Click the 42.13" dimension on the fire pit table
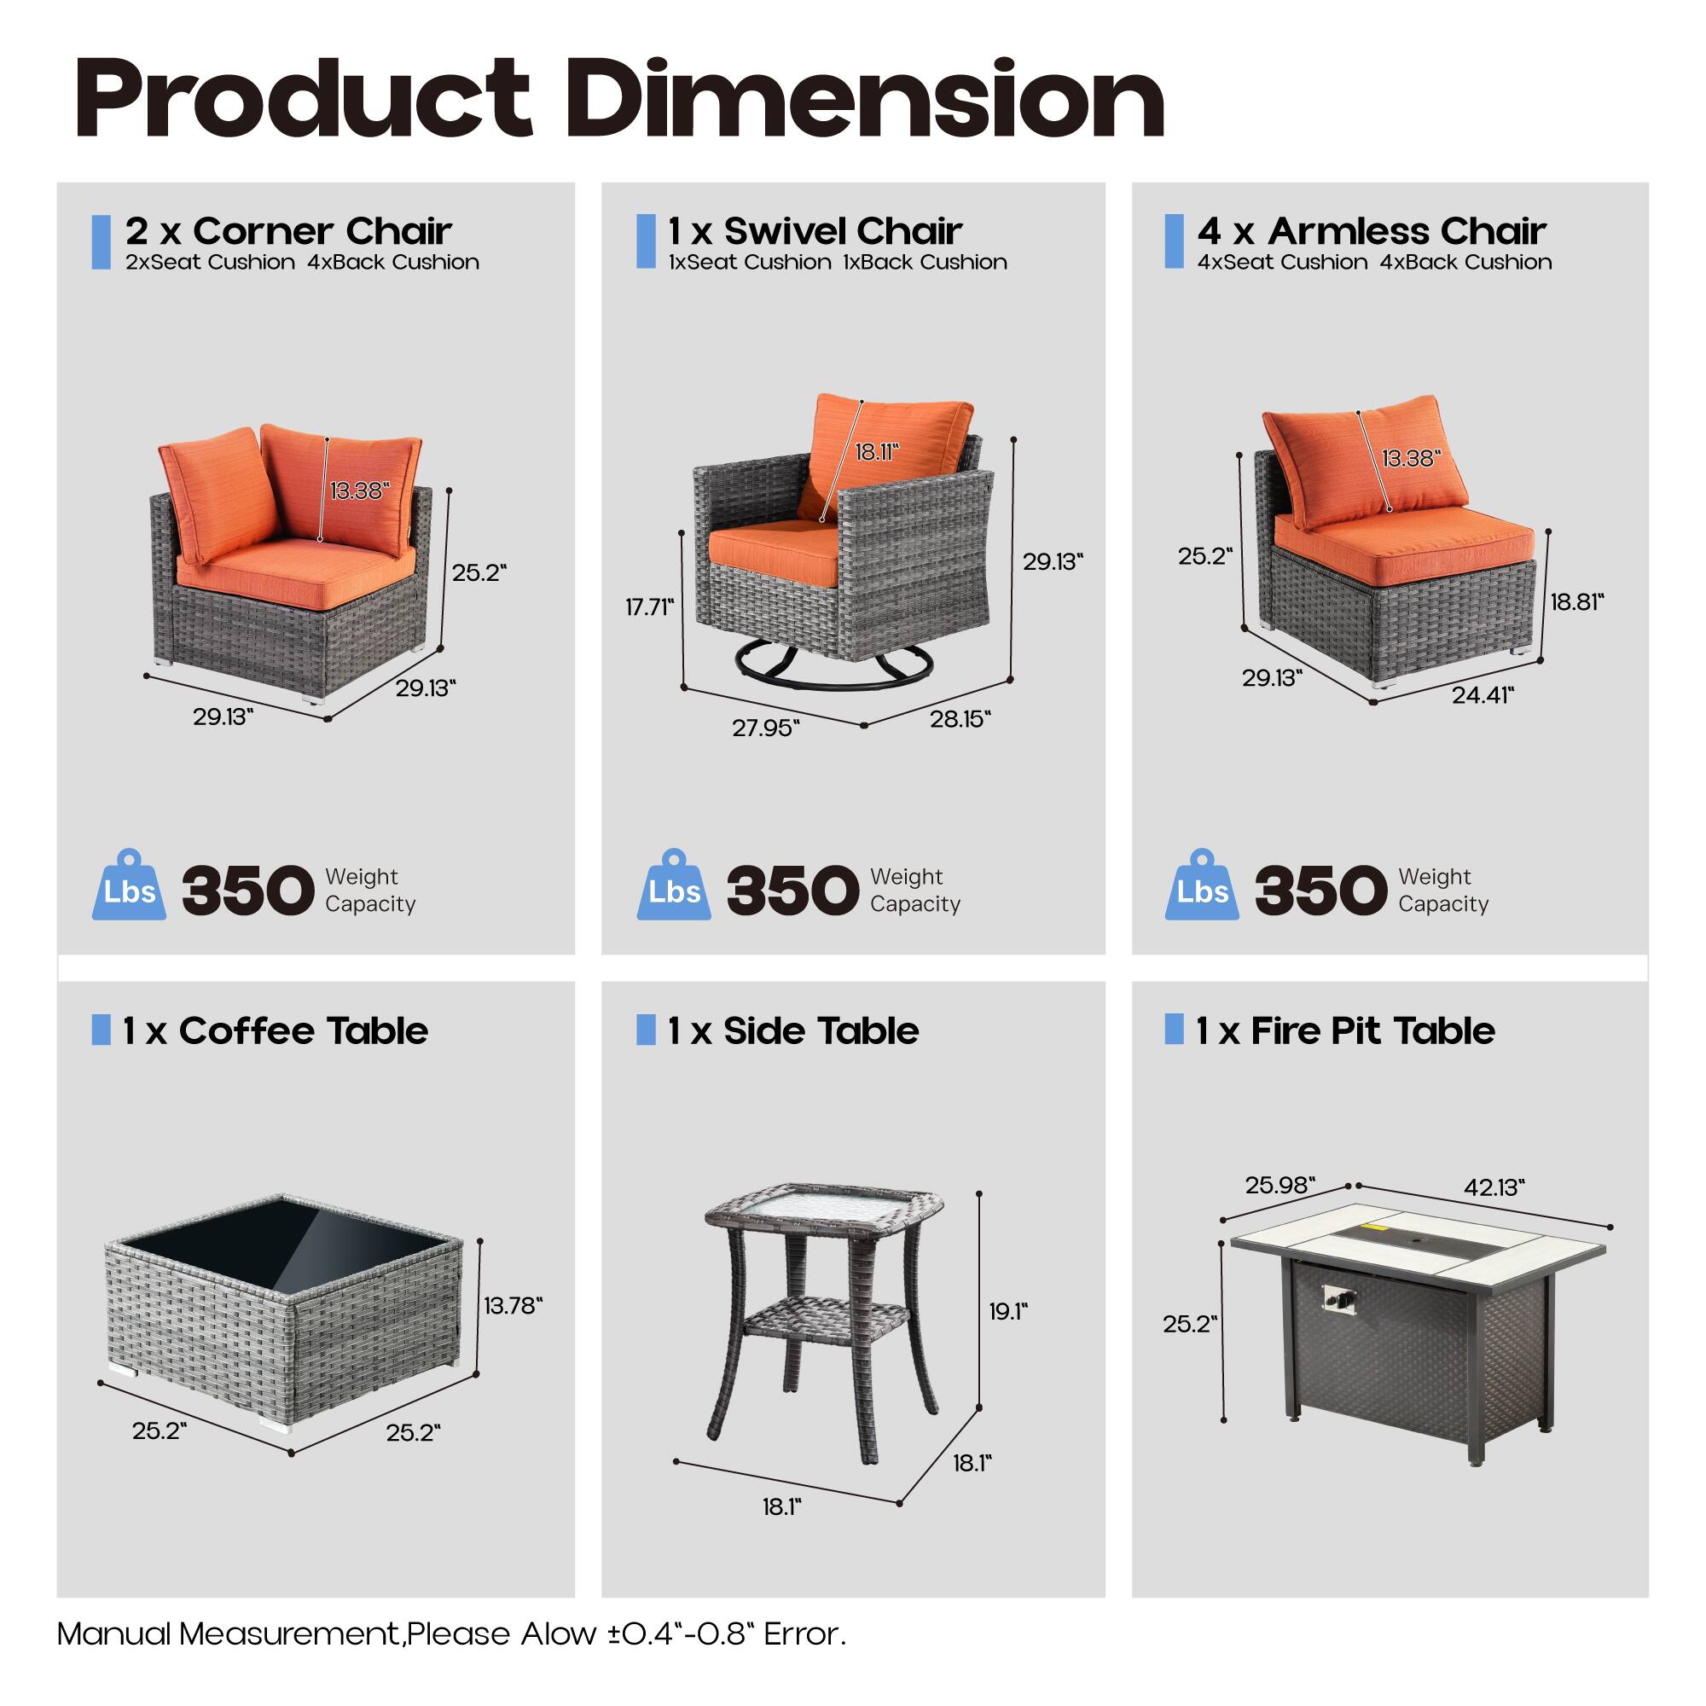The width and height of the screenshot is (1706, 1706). coord(1494,1187)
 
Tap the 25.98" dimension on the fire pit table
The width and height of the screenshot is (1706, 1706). coord(1279,1185)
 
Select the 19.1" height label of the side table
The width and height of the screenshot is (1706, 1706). coord(1007,1311)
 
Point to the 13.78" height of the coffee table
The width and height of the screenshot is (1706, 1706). coord(512,1305)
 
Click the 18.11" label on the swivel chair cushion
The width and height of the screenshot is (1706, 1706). coord(876,452)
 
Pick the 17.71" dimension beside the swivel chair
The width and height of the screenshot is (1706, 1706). coord(649,606)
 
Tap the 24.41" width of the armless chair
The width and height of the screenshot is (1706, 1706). coord(1483,695)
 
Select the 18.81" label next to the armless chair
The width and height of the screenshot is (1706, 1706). coord(1576,601)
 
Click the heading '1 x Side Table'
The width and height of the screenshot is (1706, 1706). coord(793,1030)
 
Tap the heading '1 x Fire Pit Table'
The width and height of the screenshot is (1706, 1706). coord(1345,1030)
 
